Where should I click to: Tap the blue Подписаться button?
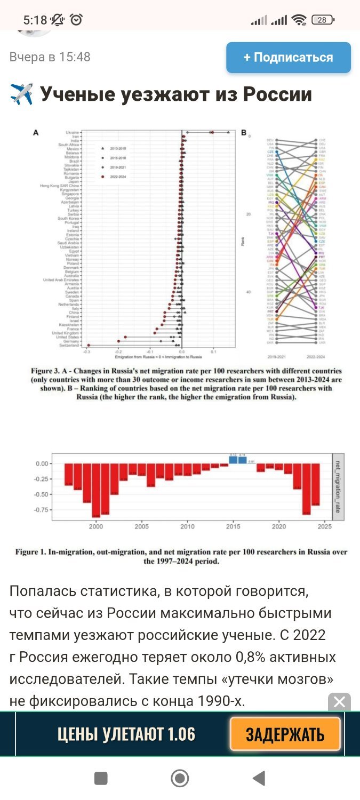tap(288, 58)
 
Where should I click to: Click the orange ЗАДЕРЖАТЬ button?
tap(285, 734)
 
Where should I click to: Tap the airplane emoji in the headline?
tap(22, 95)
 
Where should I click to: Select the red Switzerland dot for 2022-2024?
tap(89, 346)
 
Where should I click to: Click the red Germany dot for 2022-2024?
tap(118, 341)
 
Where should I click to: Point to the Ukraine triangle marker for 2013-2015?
tap(228, 132)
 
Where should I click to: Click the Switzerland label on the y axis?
tap(69, 346)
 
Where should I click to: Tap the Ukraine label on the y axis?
tap(72, 132)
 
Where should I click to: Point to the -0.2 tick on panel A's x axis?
tap(118, 352)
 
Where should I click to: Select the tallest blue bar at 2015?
tap(233, 459)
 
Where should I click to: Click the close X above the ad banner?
tap(339, 702)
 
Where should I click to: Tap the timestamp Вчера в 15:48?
tap(50, 57)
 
